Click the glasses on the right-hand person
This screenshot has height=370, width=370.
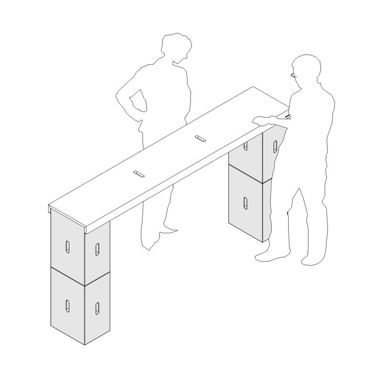294,75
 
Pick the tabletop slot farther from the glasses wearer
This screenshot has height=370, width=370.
139,174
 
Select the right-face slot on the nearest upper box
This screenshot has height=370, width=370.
97,249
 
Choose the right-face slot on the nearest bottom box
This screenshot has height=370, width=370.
97,308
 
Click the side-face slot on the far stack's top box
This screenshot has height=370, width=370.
275,146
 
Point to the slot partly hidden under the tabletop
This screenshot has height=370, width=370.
246,146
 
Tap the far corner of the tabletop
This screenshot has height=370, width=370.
253,87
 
